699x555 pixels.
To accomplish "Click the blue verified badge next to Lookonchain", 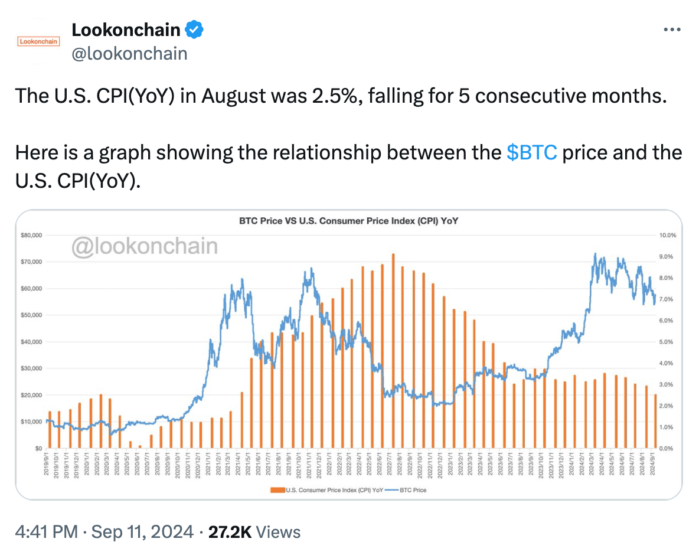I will click(x=195, y=28).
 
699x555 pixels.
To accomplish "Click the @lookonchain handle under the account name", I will click(x=129, y=54).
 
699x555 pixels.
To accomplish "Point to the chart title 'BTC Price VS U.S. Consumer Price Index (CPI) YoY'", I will click(x=348, y=221).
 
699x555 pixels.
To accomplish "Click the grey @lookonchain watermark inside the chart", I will click(x=144, y=246).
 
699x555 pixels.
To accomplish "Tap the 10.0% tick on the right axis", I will click(x=667, y=235).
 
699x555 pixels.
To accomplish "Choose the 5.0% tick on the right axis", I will click(x=665, y=342).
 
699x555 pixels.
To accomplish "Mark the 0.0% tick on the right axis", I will click(x=665, y=448).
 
